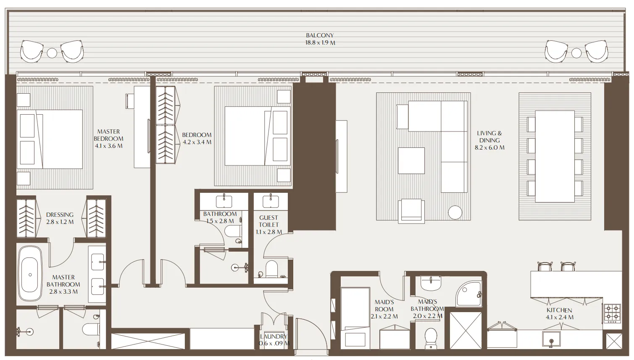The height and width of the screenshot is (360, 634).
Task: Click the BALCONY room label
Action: tap(319, 36)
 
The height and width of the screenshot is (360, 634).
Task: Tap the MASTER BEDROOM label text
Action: tap(108, 135)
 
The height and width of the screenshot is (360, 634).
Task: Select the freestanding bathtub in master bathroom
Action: tap(30, 274)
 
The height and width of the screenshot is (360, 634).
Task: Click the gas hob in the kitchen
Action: tap(612, 313)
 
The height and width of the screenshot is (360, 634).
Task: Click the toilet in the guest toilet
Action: tap(271, 270)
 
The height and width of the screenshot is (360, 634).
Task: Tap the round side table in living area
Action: tap(455, 213)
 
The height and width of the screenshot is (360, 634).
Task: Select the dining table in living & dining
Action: tap(555, 157)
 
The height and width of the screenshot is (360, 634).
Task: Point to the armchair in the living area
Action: tap(413, 210)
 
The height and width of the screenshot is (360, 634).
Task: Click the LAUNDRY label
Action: tap(274, 336)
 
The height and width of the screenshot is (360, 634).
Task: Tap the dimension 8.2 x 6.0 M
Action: tap(489, 147)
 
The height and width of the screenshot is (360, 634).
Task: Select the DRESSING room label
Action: tap(60, 215)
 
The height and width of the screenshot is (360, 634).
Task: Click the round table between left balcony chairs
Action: tap(52, 53)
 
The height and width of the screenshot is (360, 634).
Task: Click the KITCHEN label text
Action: tap(559, 310)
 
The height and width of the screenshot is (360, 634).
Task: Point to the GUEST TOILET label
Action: tap(268, 221)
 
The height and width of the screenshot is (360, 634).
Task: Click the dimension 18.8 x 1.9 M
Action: tap(320, 43)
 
